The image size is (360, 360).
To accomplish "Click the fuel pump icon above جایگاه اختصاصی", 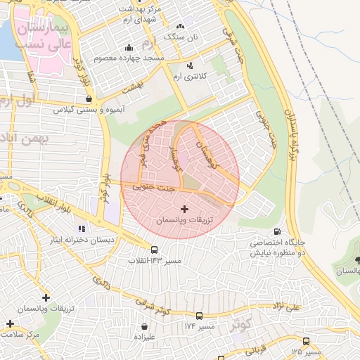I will (x=277, y=231).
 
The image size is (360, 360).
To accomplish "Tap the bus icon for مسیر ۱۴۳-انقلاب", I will (x=154, y=250).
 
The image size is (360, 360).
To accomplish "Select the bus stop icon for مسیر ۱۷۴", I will (x=199, y=316).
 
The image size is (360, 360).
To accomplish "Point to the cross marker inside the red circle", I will (x=184, y=209).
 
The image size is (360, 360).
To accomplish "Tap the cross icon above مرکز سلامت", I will (x=10, y=324).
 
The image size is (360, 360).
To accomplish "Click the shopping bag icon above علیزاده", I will (x=144, y=326).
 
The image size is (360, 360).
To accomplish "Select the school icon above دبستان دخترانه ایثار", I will (x=82, y=229).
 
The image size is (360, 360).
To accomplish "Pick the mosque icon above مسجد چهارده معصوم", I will (x=129, y=48).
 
